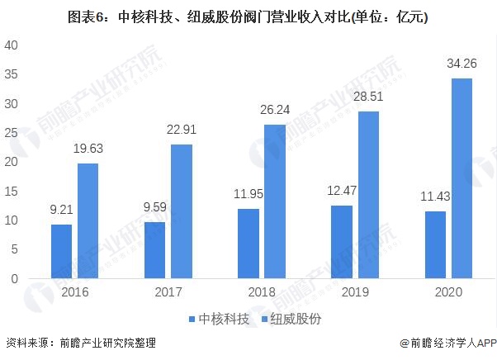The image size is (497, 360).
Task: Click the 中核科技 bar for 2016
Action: pyautogui.click(x=61, y=251)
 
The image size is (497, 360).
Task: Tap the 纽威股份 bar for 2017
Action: pyautogui.click(x=182, y=211)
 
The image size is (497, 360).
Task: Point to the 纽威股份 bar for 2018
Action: pyautogui.click(x=275, y=201)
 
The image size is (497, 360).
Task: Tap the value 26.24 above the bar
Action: pyautogui.click(x=275, y=108)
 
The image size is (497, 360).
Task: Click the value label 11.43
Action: pyautogui.click(x=434, y=196)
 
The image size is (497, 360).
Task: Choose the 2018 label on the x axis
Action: pyautogui.click(x=261, y=293)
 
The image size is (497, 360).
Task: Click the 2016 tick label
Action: pyautogui.click(x=74, y=293)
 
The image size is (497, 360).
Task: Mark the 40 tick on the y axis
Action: pyautogui.click(x=12, y=45)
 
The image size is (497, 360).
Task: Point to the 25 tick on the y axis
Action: pyautogui.click(x=12, y=133)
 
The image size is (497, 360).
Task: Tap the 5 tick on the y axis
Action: pyautogui.click(x=15, y=249)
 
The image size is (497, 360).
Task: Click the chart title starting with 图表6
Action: pyautogui.click(x=248, y=15)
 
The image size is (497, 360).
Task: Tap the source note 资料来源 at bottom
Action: pyautogui.click(x=80, y=343)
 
